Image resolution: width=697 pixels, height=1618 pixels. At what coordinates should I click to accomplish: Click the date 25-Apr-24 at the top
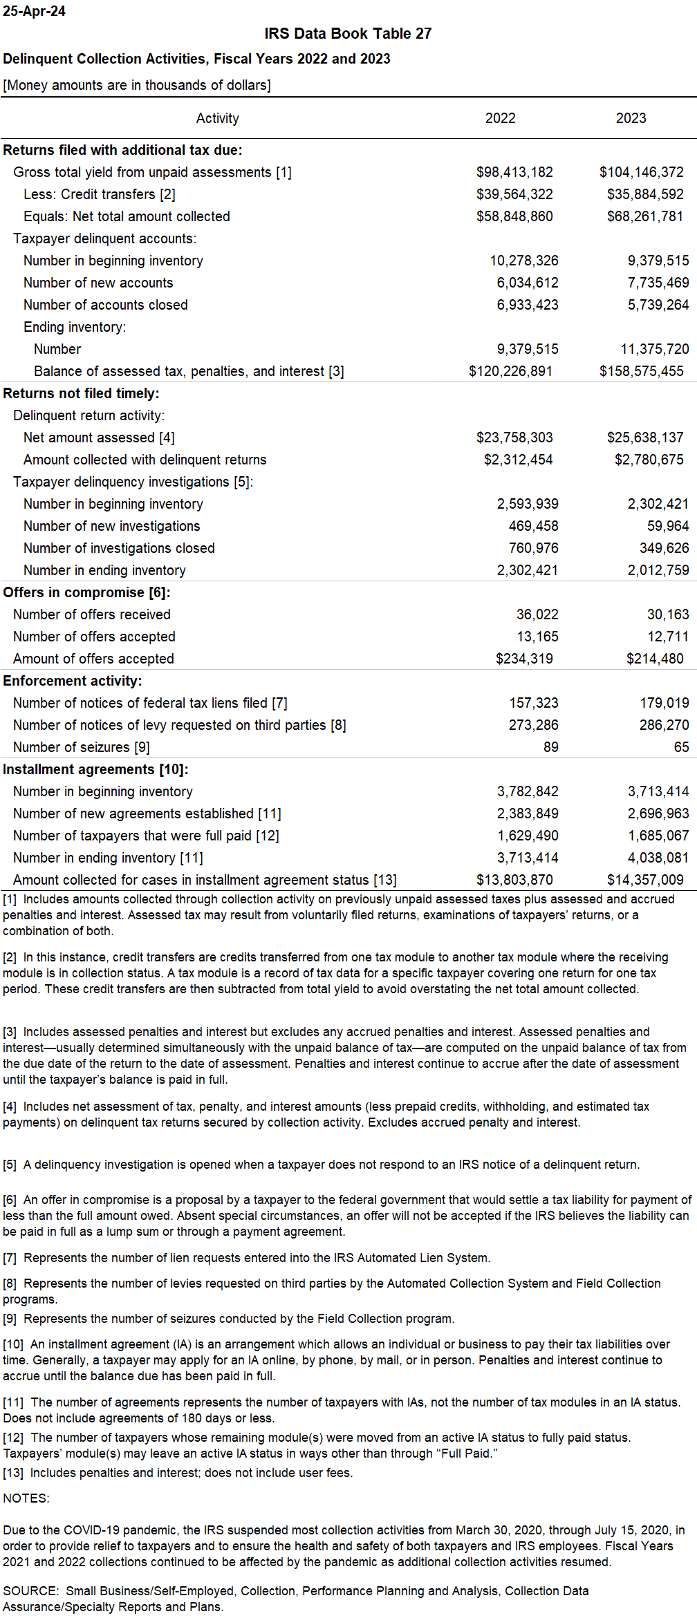pos(34,11)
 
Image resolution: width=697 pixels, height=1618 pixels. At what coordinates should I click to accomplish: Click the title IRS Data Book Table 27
pos(348,34)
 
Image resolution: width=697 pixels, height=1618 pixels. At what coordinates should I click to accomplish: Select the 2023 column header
pos(631,118)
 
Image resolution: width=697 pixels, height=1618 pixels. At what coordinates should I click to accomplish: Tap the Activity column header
pos(217,118)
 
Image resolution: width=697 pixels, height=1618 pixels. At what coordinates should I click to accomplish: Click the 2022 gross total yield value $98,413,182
pos(514,172)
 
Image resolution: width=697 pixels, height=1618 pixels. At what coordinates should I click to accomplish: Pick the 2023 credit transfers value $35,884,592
pos(644,194)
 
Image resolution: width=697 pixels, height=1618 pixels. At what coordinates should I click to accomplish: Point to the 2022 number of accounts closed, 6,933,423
pos(527,305)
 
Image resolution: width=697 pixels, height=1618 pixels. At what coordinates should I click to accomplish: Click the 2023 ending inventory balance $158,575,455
pos(641,371)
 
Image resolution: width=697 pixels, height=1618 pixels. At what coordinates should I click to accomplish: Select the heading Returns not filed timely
pos(81,393)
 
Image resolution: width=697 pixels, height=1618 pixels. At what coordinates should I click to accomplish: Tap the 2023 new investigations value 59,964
pos(668,526)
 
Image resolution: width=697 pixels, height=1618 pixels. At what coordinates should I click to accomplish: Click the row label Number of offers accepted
pos(94,637)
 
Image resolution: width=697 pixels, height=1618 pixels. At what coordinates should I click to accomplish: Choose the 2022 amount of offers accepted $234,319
pos(524,659)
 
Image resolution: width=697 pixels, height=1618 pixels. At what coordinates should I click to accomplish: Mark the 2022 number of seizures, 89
pos(550,747)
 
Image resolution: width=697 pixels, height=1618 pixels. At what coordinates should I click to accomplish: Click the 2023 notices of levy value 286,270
pos(664,725)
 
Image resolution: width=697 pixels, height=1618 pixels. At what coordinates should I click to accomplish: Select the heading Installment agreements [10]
pos(95,769)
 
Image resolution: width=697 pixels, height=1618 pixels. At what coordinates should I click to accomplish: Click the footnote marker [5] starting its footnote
pos(10,1165)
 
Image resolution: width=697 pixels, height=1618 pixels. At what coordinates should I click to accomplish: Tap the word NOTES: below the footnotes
pos(26,1498)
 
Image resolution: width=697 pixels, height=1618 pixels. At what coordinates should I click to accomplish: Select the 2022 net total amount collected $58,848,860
pos(514,216)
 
